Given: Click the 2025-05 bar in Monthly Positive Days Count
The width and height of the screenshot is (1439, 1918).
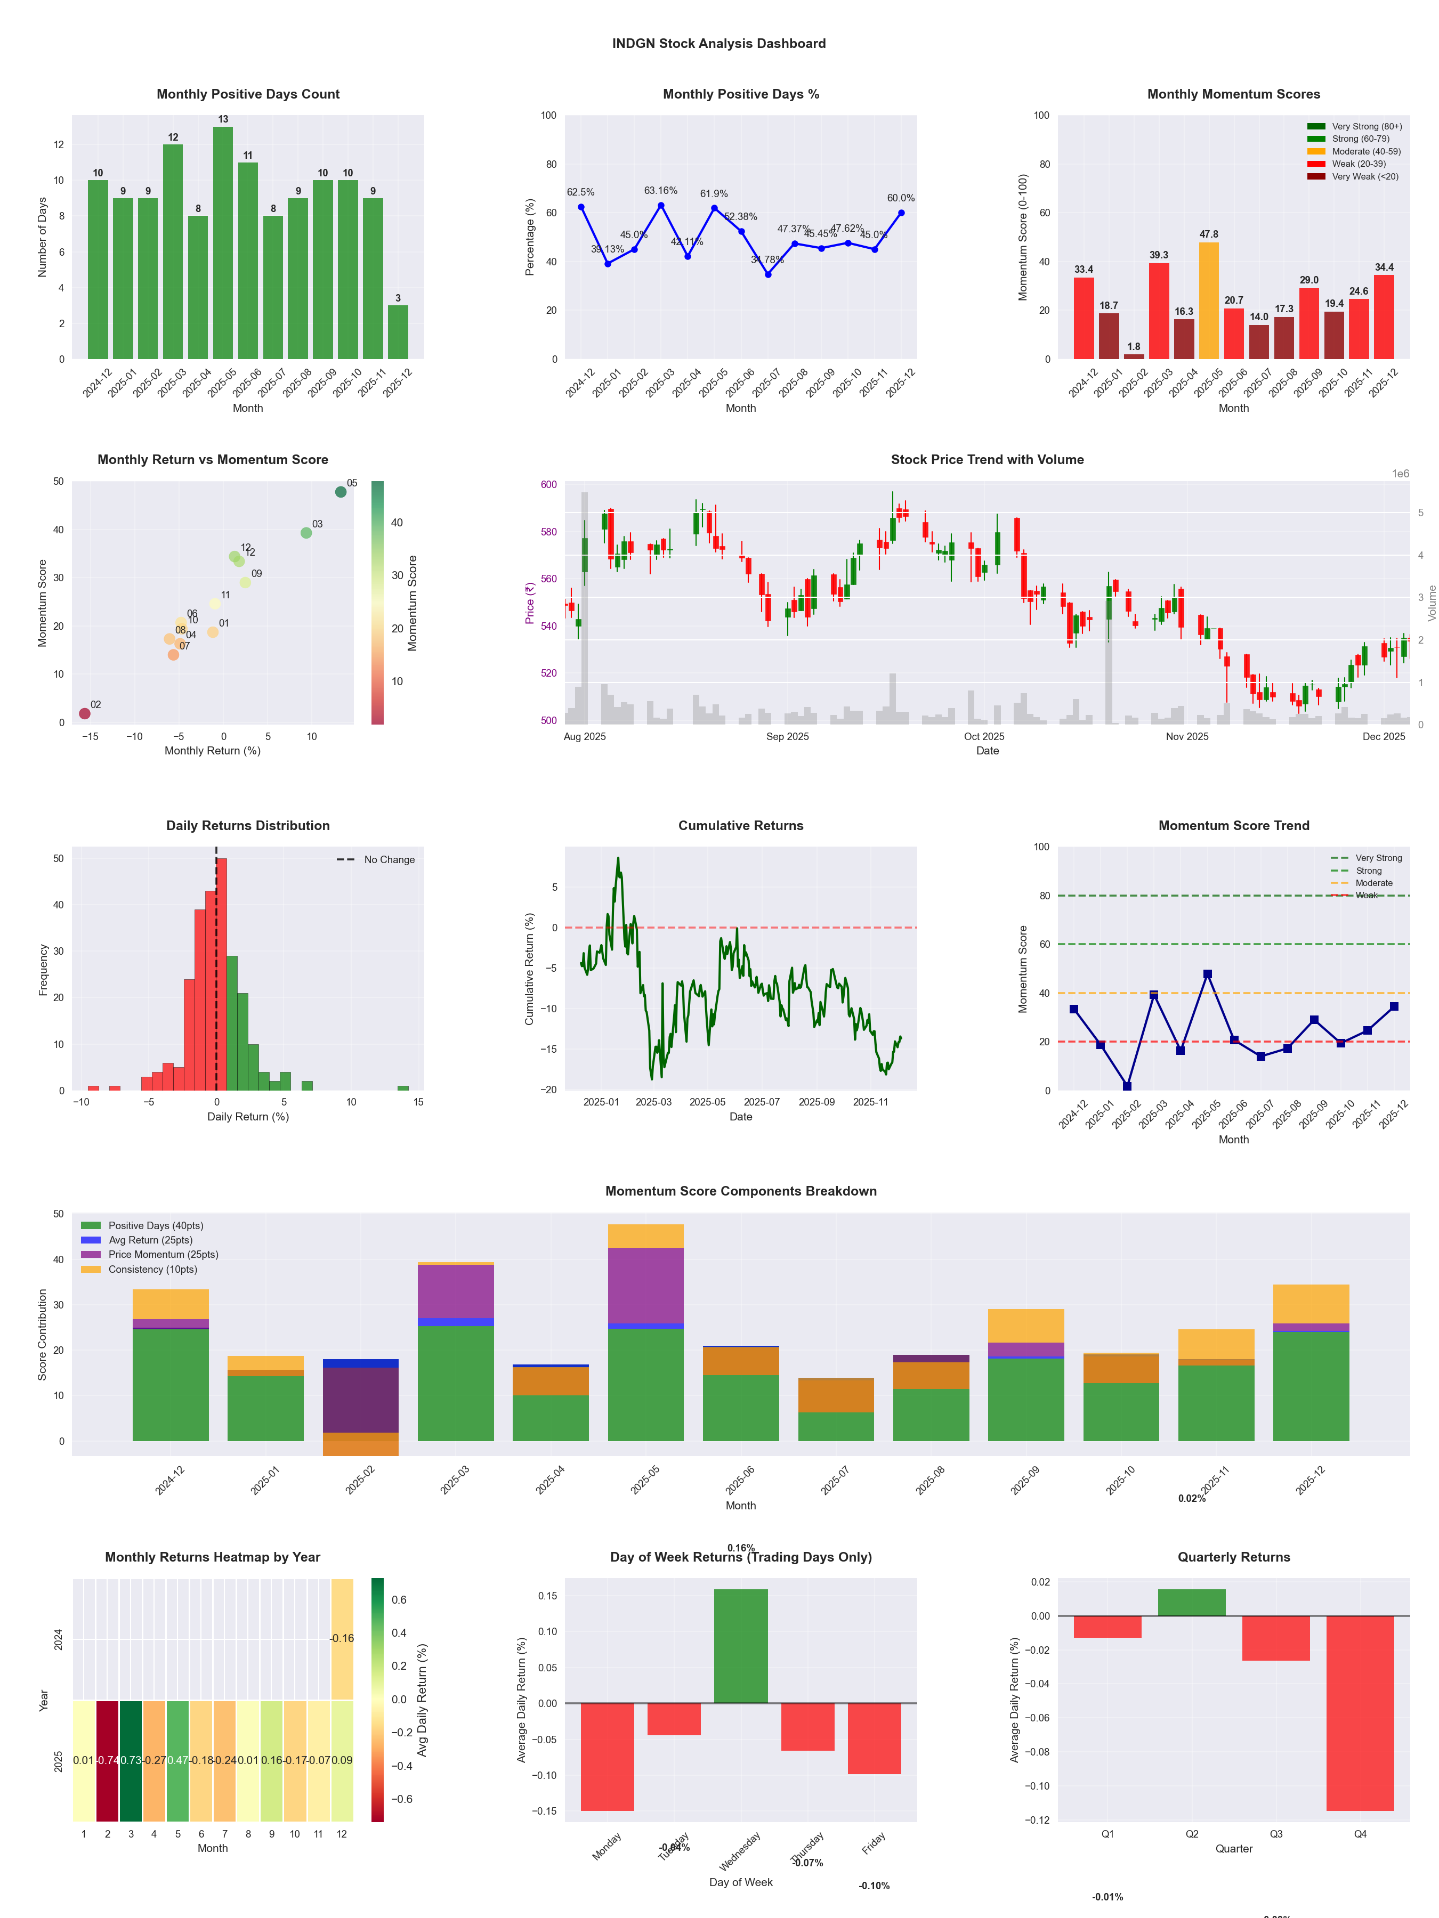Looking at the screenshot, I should pyautogui.click(x=223, y=243).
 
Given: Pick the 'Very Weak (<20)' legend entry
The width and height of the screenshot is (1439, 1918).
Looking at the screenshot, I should pyautogui.click(x=1364, y=177).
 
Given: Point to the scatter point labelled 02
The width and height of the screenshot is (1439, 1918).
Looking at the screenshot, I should pyautogui.click(x=84, y=713).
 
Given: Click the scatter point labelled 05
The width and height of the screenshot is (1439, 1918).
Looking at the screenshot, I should pyautogui.click(x=341, y=492).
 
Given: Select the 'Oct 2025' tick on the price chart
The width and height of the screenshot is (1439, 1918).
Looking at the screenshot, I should pyautogui.click(x=984, y=737).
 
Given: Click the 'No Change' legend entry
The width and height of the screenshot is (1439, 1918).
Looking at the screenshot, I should pyautogui.click(x=389, y=860).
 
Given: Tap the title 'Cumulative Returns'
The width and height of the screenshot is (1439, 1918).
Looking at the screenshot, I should pyautogui.click(x=741, y=825).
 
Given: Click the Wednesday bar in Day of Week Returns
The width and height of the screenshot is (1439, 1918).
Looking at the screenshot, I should pyautogui.click(x=741, y=1646).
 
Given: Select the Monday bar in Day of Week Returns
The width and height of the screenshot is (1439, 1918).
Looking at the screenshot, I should pyautogui.click(x=607, y=1756).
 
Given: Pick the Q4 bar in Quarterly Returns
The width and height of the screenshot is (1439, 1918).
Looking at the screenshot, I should pyautogui.click(x=1360, y=1712).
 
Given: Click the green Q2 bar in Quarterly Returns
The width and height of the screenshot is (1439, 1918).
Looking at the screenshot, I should pyautogui.click(x=1192, y=1603).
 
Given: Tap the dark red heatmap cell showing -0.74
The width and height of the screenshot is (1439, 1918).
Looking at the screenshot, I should pyautogui.click(x=108, y=1760).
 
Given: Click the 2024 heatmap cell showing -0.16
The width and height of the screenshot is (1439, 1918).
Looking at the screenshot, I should pyautogui.click(x=342, y=1639).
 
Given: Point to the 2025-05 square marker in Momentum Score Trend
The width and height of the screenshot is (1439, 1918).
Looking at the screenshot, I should pyautogui.click(x=1207, y=974).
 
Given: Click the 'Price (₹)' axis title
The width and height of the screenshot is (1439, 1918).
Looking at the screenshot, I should pyautogui.click(x=530, y=603).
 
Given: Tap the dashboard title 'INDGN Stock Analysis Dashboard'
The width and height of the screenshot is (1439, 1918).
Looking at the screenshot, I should pyautogui.click(x=719, y=43).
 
